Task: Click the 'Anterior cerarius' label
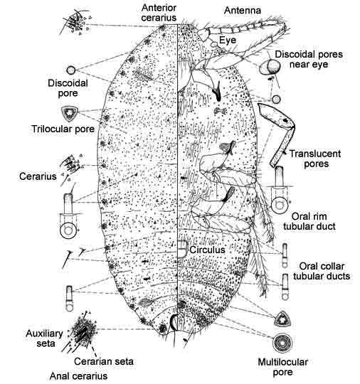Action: point(159,13)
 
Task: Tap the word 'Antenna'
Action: point(243,11)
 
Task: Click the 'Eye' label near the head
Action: point(228,40)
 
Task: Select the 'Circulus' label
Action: point(207,250)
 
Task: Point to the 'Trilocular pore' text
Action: point(63,129)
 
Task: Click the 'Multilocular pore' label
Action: point(282,367)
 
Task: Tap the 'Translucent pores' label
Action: point(315,159)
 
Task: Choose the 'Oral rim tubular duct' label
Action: point(309,221)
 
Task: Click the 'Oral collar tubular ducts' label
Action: point(322,271)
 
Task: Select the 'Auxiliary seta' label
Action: point(44,338)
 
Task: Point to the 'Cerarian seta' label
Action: point(104,361)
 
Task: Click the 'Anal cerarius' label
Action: point(78,376)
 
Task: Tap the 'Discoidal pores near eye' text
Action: point(309,59)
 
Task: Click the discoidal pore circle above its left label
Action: point(71,70)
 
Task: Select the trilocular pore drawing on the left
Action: point(70,114)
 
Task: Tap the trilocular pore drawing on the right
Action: point(282,319)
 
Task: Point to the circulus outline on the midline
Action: point(182,249)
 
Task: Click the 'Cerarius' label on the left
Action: point(38,176)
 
